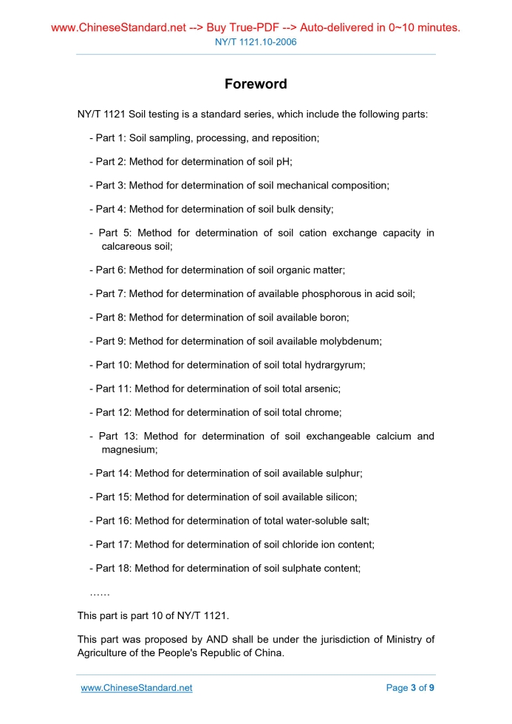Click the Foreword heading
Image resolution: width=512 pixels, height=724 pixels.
point(256,84)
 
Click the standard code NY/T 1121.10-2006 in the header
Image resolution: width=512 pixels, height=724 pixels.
point(256,42)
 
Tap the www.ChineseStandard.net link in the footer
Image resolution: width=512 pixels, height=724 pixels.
point(137,688)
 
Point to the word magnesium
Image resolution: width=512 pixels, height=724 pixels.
point(129,448)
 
